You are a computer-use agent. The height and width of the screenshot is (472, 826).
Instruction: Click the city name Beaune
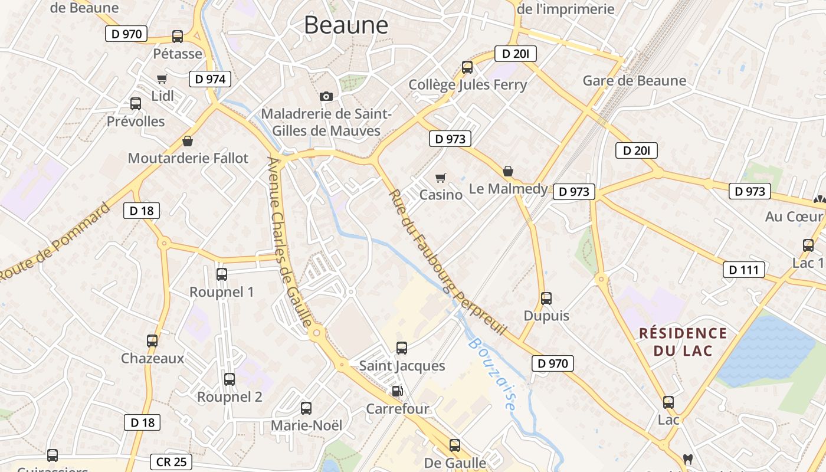[x=346, y=25]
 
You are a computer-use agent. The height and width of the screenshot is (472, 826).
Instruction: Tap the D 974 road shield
[x=209, y=79]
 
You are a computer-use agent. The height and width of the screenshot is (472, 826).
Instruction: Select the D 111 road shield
[x=743, y=270]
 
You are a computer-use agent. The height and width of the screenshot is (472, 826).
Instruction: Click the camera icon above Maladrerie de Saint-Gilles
[x=326, y=96]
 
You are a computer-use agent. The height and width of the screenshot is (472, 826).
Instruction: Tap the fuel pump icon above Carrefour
[x=398, y=391]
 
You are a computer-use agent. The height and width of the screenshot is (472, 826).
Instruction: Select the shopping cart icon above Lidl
[x=162, y=78]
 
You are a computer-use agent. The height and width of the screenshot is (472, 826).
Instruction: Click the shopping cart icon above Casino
[x=440, y=177]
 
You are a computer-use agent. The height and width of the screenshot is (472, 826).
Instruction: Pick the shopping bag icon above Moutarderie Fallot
[x=188, y=141]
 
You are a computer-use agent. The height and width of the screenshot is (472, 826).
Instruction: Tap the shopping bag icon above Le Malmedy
[x=508, y=172]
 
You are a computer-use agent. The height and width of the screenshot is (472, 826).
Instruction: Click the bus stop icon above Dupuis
[x=546, y=299]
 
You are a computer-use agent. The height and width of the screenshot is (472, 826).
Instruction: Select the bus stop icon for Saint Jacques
[x=402, y=348]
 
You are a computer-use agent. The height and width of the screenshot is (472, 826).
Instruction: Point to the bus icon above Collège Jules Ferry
[x=467, y=67]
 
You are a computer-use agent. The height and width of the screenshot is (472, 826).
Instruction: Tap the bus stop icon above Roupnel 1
[x=222, y=274]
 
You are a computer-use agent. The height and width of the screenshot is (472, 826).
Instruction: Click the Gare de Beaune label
[x=634, y=81]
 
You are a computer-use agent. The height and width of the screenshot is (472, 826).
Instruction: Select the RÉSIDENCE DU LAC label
[x=683, y=342]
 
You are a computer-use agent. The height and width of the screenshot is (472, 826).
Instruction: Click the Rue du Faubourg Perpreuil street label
[x=447, y=263]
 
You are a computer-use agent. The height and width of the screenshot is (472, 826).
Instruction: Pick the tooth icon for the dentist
[x=687, y=458]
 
